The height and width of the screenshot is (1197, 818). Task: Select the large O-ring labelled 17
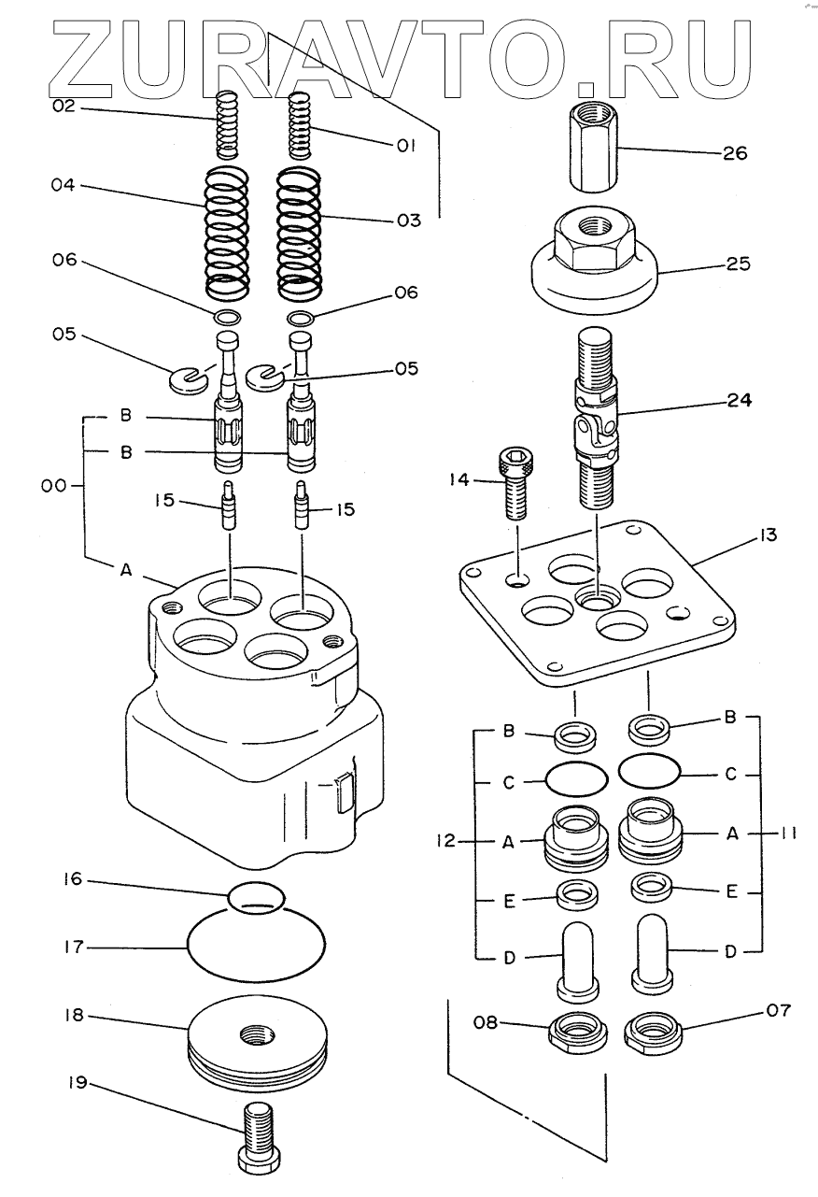coord(257,947)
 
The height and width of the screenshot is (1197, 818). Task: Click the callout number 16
coord(72,879)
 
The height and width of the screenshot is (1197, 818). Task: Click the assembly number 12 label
coord(444,842)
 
